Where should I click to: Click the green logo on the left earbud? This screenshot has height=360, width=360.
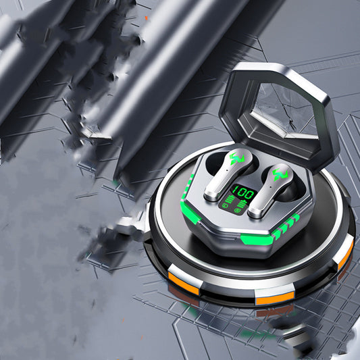(x=236, y=159)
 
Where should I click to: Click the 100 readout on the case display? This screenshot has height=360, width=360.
(x=243, y=193)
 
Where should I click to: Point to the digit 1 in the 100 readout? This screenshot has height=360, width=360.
(x=236, y=190)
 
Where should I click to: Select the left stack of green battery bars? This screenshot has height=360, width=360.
(x=230, y=200)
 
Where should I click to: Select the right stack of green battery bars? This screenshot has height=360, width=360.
(x=242, y=204)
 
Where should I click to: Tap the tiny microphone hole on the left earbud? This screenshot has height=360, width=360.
(x=227, y=170)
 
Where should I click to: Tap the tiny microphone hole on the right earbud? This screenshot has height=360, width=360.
(x=271, y=186)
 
